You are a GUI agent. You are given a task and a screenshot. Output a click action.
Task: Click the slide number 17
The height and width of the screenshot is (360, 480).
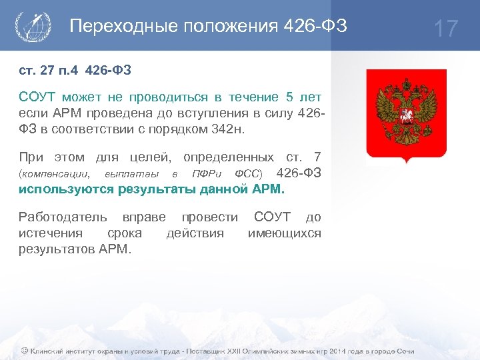coord(446,29)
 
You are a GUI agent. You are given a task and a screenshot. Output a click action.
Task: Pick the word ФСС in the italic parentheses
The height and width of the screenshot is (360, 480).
coord(247,174)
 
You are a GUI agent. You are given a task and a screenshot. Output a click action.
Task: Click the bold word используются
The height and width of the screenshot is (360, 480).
coord(66,189)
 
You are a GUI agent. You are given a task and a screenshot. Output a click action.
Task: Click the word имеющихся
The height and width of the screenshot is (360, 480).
coord(284,233)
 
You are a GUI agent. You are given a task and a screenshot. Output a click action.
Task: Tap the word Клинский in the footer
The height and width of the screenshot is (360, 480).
coord(48,351)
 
